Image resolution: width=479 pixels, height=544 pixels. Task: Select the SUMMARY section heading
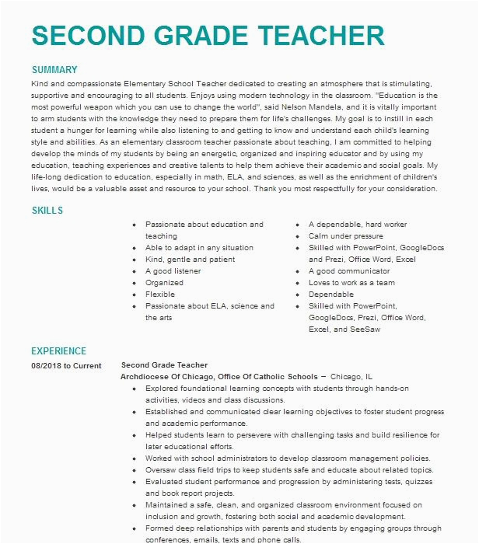point(54,70)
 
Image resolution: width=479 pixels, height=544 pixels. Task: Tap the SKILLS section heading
point(47,211)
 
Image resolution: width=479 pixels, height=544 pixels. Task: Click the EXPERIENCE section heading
point(59,351)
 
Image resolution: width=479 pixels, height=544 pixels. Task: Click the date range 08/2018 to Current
point(66,365)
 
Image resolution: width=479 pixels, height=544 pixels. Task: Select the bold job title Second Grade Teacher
point(165,364)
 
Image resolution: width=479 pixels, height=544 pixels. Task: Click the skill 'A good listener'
point(173,271)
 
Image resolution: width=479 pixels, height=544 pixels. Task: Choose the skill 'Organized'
point(164,283)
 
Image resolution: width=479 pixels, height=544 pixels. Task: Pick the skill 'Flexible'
point(160,295)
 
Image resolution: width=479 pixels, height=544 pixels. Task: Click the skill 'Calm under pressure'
point(345,236)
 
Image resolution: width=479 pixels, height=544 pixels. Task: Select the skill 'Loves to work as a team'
point(351,283)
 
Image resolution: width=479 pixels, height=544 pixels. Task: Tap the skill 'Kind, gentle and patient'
point(190,260)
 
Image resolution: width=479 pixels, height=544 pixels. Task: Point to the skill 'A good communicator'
point(343,271)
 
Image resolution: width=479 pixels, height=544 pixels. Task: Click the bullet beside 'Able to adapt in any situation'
point(135,248)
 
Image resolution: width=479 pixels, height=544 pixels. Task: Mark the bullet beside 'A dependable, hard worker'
point(299,225)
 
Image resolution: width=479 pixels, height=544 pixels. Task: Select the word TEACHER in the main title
point(303,37)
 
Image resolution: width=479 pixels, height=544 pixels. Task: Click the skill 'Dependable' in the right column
point(331,295)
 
